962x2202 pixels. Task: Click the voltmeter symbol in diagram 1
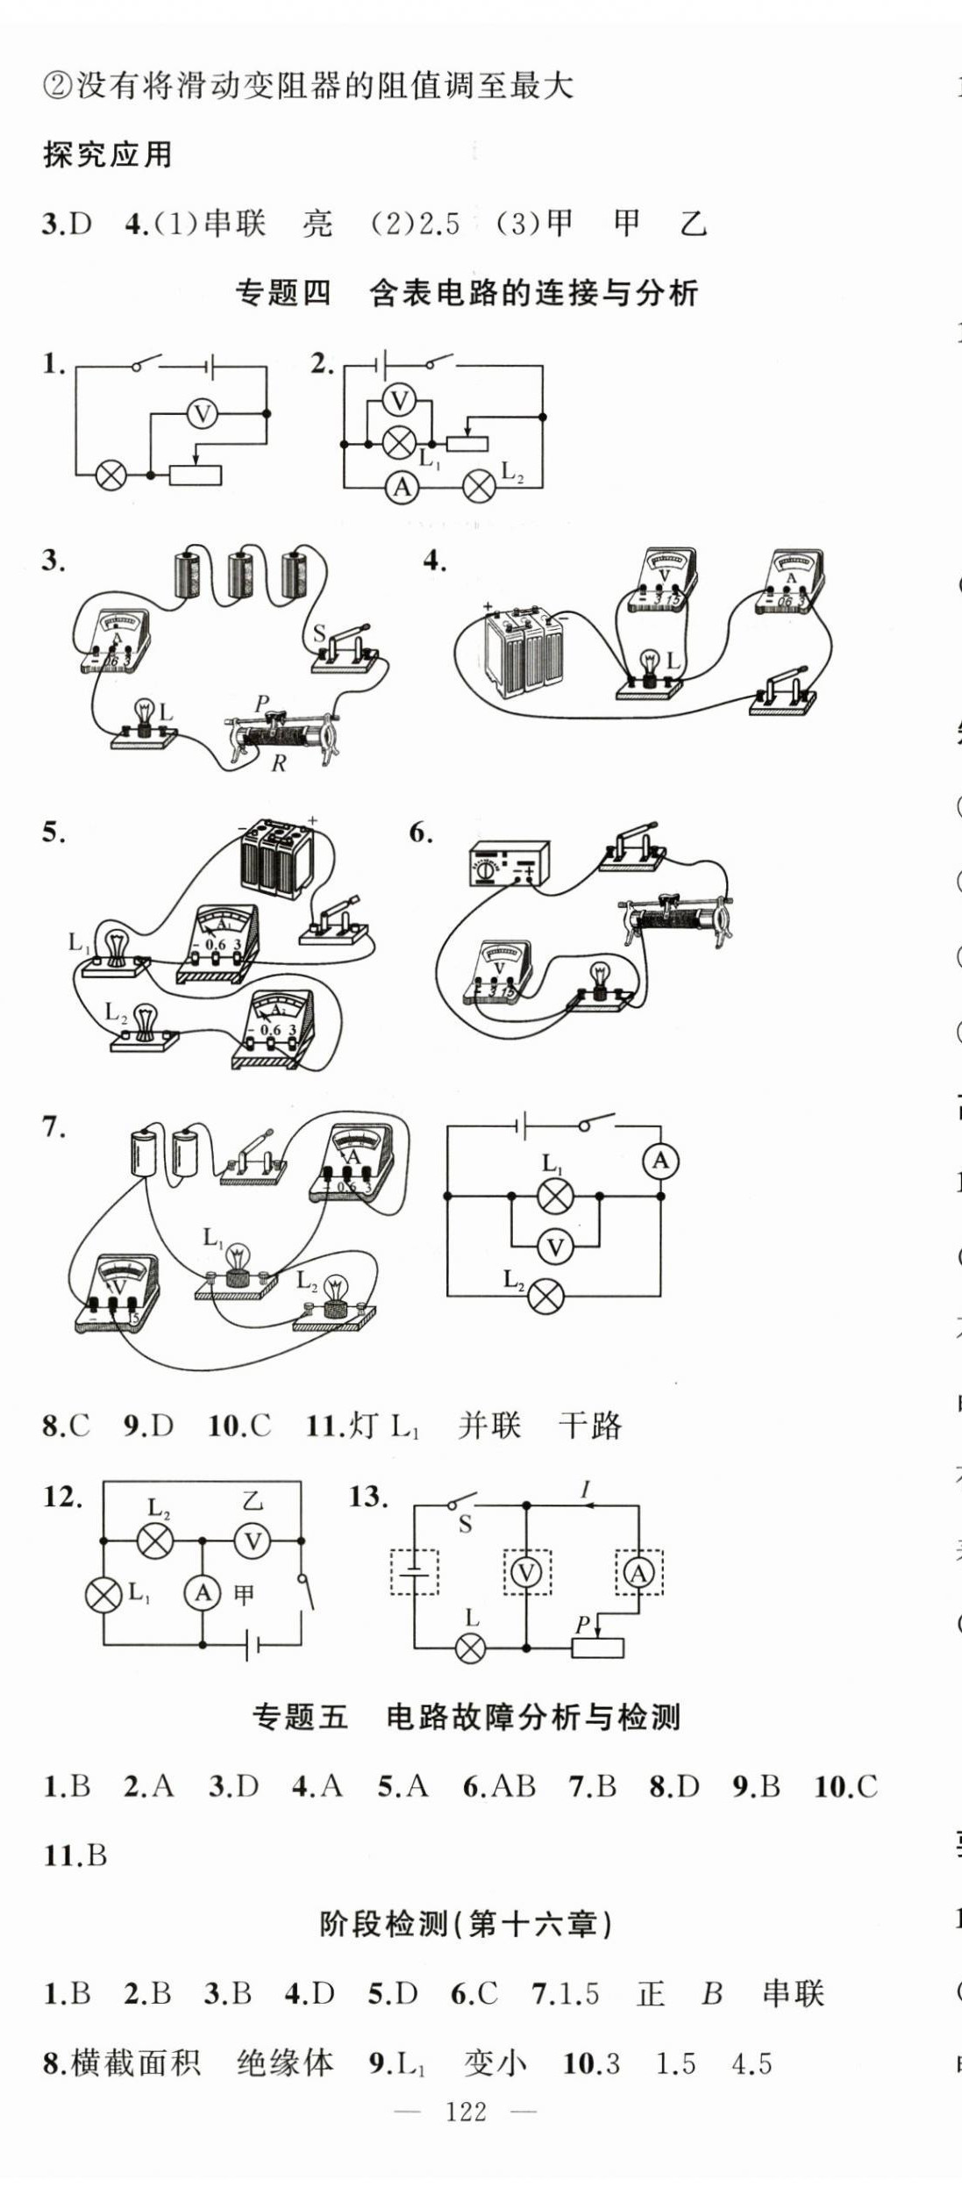coord(203,413)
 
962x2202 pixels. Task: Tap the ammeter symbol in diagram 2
coord(403,486)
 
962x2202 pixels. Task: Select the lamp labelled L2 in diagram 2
coord(479,486)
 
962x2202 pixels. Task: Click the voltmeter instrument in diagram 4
coord(664,581)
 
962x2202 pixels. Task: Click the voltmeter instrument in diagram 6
coord(498,971)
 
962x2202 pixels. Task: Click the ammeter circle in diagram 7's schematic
coord(660,1161)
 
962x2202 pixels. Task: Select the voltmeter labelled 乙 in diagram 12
coord(253,1541)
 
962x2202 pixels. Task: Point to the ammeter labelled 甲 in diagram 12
coord(203,1592)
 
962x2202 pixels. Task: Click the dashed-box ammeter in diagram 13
coord(638,1573)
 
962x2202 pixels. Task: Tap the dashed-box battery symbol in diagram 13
coord(414,1573)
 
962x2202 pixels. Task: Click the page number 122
coord(466,2111)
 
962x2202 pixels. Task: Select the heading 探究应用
coord(107,155)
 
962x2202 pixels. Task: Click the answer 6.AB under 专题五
coord(499,1786)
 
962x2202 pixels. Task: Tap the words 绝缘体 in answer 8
coord(285,2063)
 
